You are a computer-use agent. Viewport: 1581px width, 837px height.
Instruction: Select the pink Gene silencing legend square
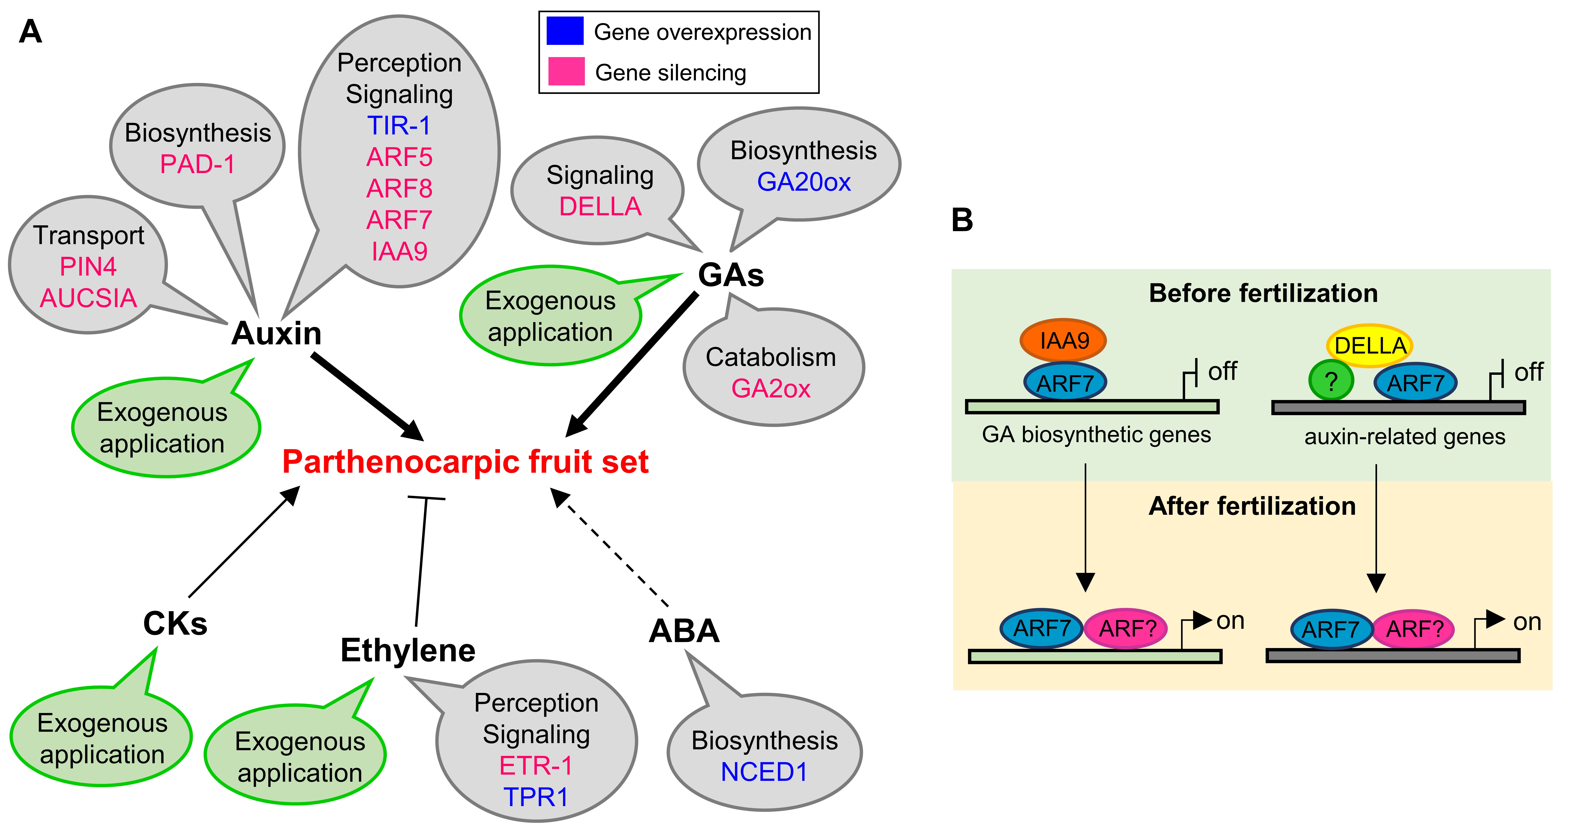566,71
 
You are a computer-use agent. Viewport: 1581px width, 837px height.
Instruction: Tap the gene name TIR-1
399,126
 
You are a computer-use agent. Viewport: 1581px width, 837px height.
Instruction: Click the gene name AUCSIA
88,298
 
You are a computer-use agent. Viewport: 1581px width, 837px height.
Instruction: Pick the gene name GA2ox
771,388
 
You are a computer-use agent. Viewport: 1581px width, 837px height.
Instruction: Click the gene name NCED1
764,772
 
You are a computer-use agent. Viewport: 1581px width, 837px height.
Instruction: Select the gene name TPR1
536,797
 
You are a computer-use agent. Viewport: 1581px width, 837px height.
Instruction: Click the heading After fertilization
1252,506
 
